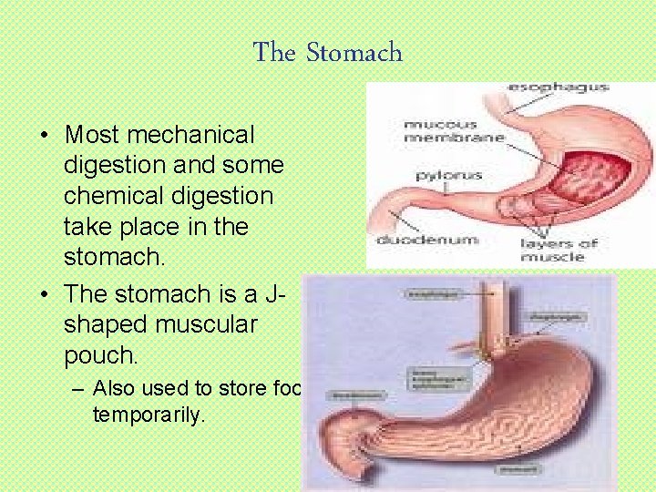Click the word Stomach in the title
354,53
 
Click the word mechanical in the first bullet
191,135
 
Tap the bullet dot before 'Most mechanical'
45,136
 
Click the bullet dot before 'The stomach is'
45,294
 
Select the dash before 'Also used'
78,388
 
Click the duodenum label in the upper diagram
415,241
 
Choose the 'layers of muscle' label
558,249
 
